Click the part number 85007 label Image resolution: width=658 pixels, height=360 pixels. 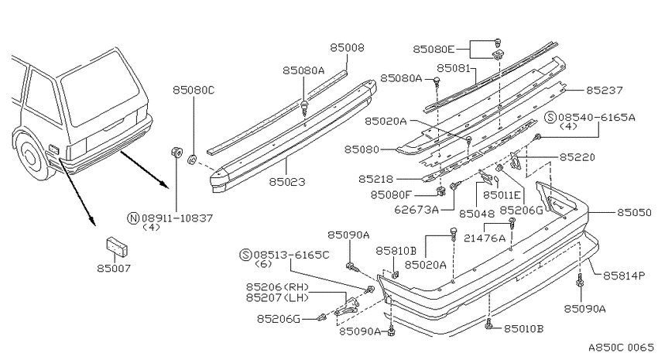click(114, 268)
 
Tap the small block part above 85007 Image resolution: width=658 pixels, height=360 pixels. click(117, 247)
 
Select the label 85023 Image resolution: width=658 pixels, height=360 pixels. click(287, 182)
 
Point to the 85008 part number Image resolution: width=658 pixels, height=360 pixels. click(347, 48)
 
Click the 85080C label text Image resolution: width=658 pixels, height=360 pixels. click(194, 90)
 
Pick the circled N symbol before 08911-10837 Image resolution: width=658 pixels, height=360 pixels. click(132, 218)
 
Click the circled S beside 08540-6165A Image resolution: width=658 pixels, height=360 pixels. click(550, 117)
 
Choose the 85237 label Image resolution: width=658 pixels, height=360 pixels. click(605, 91)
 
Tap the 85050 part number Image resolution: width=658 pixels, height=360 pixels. click(634, 213)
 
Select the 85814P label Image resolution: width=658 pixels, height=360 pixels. click(624, 276)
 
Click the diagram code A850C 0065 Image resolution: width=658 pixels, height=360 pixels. click(621, 348)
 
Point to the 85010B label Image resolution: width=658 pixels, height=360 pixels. click(524, 328)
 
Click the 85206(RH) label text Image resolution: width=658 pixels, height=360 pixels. click(277, 287)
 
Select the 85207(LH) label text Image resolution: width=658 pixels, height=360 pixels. click(277, 297)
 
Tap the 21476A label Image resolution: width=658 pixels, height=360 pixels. click(485, 238)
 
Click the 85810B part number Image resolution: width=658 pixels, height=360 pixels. click(396, 251)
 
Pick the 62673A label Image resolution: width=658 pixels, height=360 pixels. click(416, 209)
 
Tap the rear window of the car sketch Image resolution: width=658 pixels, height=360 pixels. click(101, 87)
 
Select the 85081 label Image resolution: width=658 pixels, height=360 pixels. click(454, 68)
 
